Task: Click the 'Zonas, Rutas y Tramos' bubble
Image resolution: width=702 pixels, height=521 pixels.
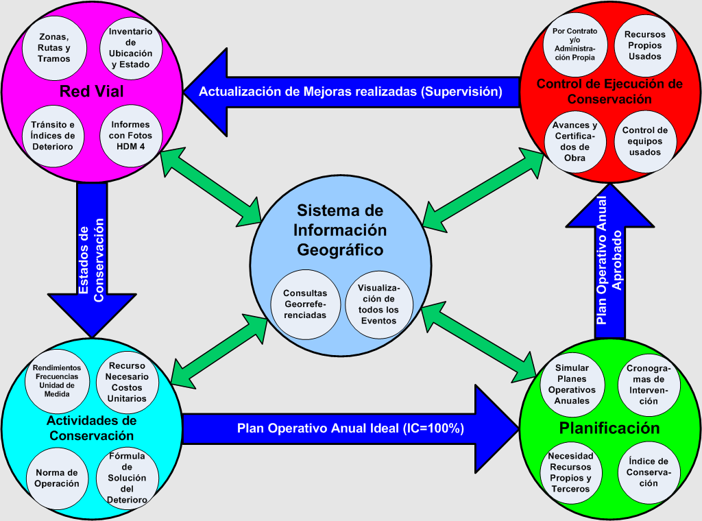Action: tap(54, 49)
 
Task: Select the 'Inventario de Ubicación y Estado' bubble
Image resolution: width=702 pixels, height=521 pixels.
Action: tap(131, 49)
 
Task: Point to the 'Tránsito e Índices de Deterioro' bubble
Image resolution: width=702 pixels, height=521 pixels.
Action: tap(53, 135)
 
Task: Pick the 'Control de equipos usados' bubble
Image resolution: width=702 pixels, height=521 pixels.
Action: tap(644, 141)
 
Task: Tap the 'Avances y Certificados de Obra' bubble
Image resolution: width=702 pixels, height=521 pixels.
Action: tap(575, 141)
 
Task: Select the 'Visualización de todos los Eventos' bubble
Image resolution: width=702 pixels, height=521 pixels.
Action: tap(378, 304)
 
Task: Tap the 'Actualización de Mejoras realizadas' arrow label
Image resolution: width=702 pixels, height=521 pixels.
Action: tap(350, 91)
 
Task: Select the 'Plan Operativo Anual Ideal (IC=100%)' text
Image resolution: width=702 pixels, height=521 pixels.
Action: tap(351, 428)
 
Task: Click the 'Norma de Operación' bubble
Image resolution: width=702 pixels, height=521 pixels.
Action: tap(57, 478)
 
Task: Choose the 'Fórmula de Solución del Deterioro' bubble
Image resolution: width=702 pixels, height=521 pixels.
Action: tap(128, 478)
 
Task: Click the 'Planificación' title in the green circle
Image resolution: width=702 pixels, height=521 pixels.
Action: tap(609, 428)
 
